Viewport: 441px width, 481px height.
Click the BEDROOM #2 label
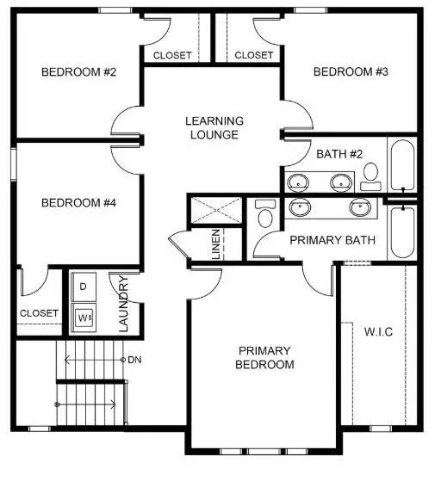[x=78, y=71]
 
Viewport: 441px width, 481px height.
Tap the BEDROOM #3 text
[x=351, y=71]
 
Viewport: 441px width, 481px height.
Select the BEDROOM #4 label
[x=78, y=203]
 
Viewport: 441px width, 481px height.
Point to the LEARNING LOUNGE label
[x=214, y=127]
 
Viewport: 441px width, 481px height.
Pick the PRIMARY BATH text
[x=332, y=239]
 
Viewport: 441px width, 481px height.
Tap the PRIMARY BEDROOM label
[x=266, y=357]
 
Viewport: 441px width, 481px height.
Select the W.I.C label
[x=379, y=331]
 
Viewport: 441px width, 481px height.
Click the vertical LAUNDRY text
[x=124, y=303]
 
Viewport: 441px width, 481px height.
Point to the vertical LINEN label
[x=216, y=244]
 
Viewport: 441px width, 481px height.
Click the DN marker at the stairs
[x=134, y=359]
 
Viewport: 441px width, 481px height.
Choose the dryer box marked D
[x=84, y=286]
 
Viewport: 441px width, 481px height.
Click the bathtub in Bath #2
[x=401, y=166]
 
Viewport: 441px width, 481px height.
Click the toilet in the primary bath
[x=264, y=215]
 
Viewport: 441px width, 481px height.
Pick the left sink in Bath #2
[x=299, y=182]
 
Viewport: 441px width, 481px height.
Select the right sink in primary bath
[x=359, y=207]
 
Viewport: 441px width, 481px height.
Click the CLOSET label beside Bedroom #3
[x=254, y=55]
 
